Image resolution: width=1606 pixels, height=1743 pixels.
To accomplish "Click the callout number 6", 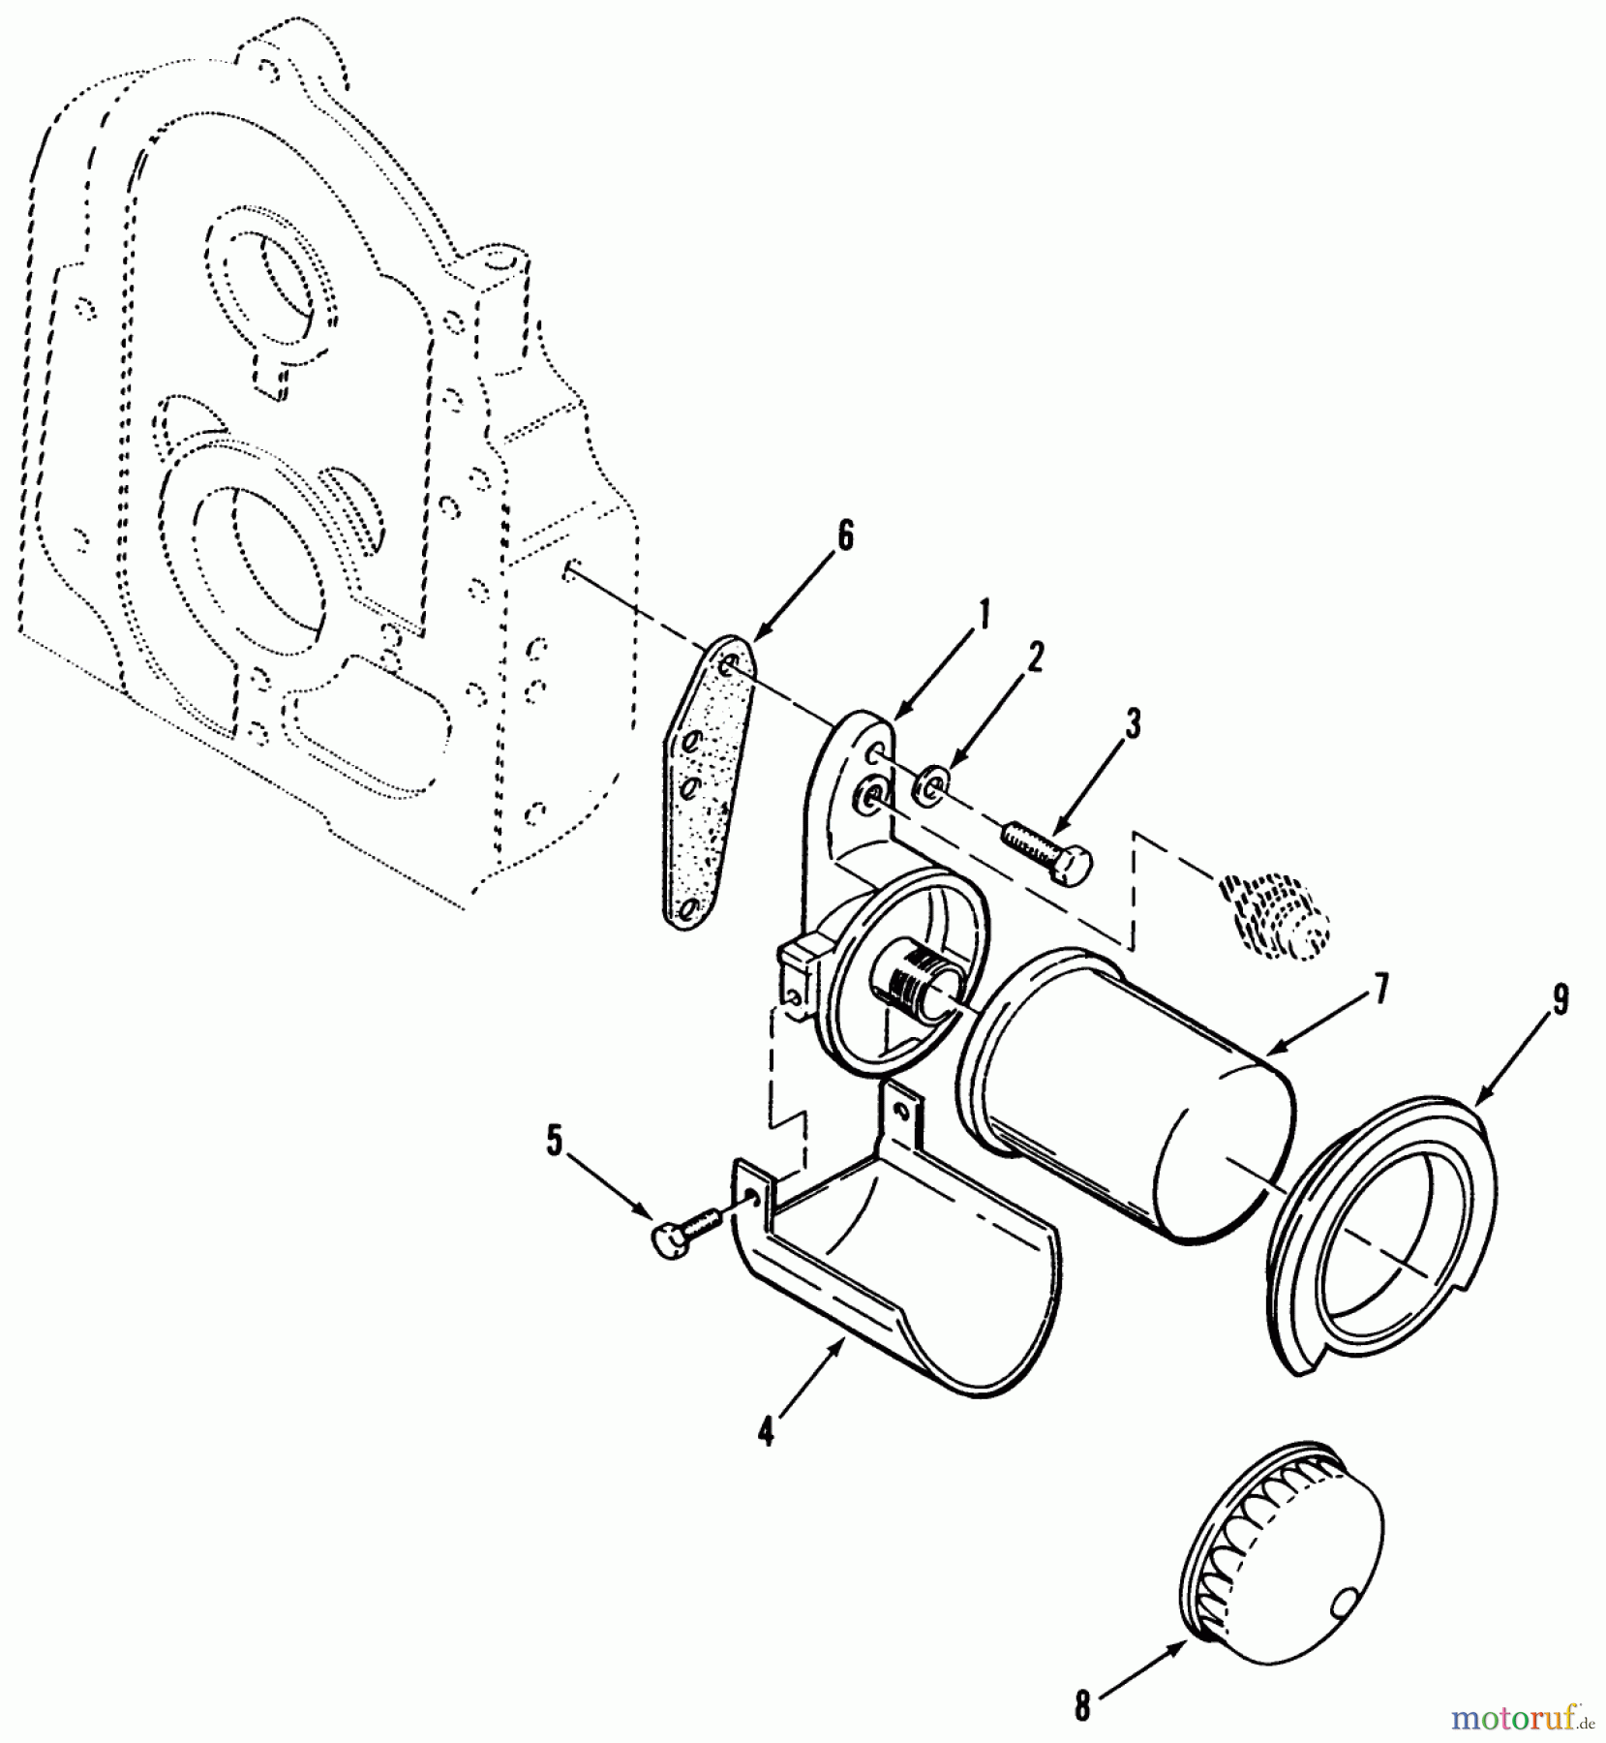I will (845, 535).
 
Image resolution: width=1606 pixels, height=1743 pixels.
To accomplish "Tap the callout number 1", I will (985, 616).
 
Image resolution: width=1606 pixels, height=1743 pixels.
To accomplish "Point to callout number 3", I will (1132, 724).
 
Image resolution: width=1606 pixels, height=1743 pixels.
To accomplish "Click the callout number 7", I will (1379, 990).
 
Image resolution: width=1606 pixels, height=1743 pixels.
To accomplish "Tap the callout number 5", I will (554, 1141).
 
